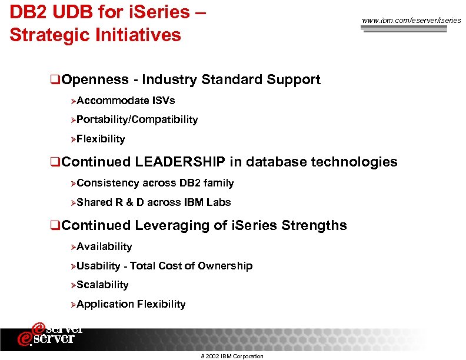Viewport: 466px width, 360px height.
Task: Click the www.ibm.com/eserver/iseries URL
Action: coord(411,21)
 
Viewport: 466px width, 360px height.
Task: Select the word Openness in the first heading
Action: coord(95,79)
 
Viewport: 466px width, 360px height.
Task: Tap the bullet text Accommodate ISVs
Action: coord(125,101)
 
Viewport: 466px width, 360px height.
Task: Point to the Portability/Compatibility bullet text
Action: coord(137,119)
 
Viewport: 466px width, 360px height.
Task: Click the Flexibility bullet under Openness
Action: coord(101,139)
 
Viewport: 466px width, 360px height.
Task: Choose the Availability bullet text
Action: coord(104,246)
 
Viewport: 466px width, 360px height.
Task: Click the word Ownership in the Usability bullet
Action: coord(225,266)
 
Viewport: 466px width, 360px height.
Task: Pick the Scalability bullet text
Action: coord(102,285)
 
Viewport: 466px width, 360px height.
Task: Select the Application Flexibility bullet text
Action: coord(131,304)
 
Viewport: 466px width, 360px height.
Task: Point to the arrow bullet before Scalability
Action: coord(73,285)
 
